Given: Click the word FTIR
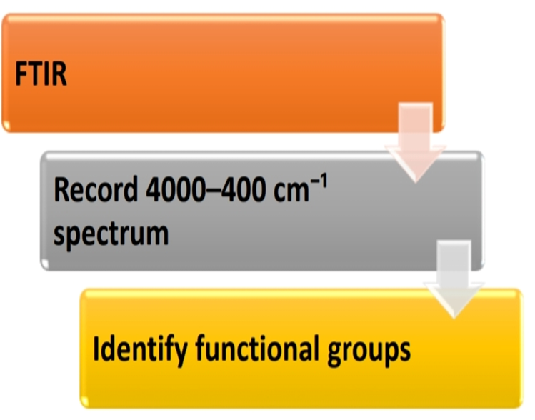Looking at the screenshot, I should click(41, 74).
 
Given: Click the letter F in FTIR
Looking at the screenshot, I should click(21, 74).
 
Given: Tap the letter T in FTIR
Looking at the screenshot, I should click(34, 74).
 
